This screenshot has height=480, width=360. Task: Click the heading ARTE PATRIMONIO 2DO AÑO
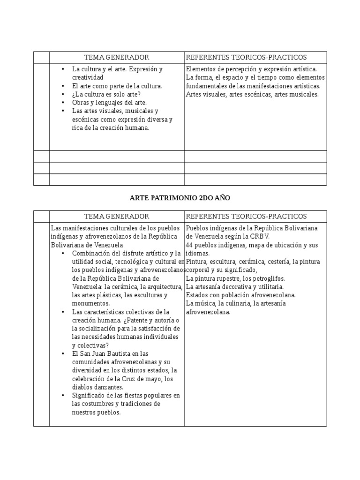pyautogui.click(x=180, y=198)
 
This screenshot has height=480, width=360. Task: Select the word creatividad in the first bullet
pyautogui.click(x=87, y=77)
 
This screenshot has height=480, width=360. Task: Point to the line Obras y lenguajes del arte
pyautogui.click(x=109, y=103)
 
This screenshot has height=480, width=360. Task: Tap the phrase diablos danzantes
pyautogui.click(x=97, y=388)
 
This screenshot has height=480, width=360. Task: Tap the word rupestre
pyautogui.click(x=227, y=278)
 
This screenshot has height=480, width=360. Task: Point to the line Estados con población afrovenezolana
pyautogui.click(x=240, y=295)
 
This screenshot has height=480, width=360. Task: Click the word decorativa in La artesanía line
pyautogui.click(x=236, y=287)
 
